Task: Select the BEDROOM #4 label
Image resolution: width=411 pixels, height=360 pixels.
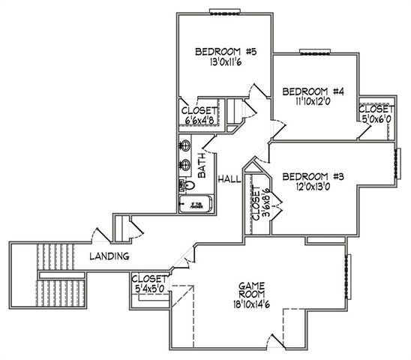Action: click(x=313, y=91)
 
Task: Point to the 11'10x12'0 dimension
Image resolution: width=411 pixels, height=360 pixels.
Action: click(x=313, y=103)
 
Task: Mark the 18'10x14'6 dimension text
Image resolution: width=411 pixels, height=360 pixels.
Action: click(x=254, y=305)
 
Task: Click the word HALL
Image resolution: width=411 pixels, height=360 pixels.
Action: click(x=228, y=180)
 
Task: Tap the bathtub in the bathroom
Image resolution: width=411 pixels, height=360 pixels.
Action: click(x=196, y=204)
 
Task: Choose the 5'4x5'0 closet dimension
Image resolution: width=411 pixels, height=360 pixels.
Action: click(x=152, y=288)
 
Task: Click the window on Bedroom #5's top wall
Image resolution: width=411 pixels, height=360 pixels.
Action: click(x=223, y=11)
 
